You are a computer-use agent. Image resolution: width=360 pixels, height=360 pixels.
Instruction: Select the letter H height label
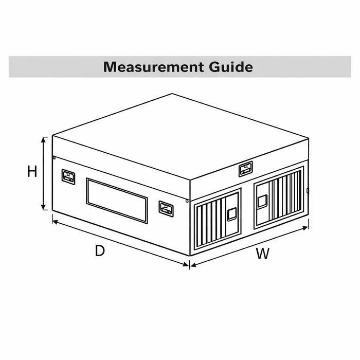(32, 172)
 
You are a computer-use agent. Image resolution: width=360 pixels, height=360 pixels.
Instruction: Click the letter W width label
(263, 254)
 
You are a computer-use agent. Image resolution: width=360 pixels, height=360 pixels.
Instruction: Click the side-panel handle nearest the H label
(68, 177)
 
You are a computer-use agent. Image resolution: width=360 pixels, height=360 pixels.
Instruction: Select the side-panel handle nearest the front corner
(166, 208)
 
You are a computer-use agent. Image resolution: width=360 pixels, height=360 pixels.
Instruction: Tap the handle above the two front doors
(246, 169)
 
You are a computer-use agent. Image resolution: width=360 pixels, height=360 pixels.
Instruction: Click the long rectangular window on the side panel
(117, 200)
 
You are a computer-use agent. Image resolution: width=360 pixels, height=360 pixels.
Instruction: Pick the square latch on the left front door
(232, 213)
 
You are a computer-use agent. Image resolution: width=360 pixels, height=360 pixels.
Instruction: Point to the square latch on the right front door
(262, 201)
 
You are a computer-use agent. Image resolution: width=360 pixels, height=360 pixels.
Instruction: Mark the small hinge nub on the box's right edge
(307, 191)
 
